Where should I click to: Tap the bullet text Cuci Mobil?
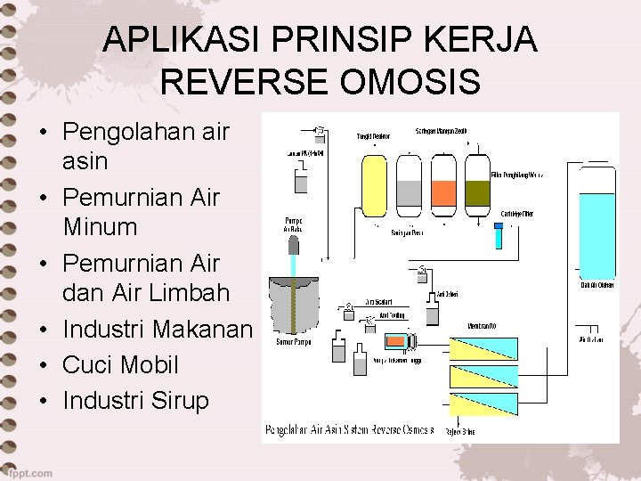(121, 365)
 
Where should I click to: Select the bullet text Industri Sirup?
(136, 401)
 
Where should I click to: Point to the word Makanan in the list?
(203, 330)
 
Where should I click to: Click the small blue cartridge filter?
(499, 236)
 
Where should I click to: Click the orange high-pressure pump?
(395, 341)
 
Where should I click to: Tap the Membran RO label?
(481, 326)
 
